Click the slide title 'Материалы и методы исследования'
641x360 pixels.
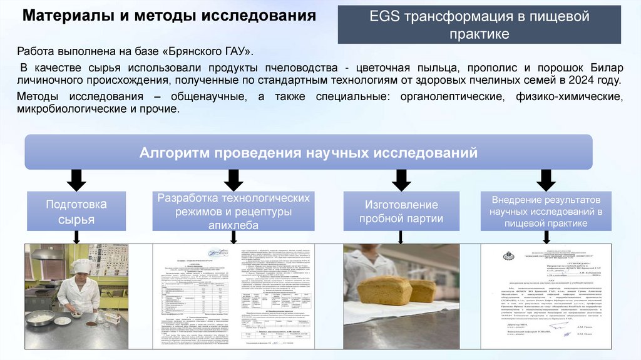169,16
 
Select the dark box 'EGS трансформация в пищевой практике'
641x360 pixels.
479,25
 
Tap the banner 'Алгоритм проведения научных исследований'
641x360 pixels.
308,153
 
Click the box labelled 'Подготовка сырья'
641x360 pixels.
76,212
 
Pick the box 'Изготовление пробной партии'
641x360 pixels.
401,212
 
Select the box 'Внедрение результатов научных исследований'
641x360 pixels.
546,210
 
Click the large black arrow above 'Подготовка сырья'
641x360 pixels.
76,180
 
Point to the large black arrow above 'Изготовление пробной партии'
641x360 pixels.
401,180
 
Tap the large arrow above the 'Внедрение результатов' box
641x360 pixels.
546,180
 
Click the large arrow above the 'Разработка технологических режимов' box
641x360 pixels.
233,180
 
